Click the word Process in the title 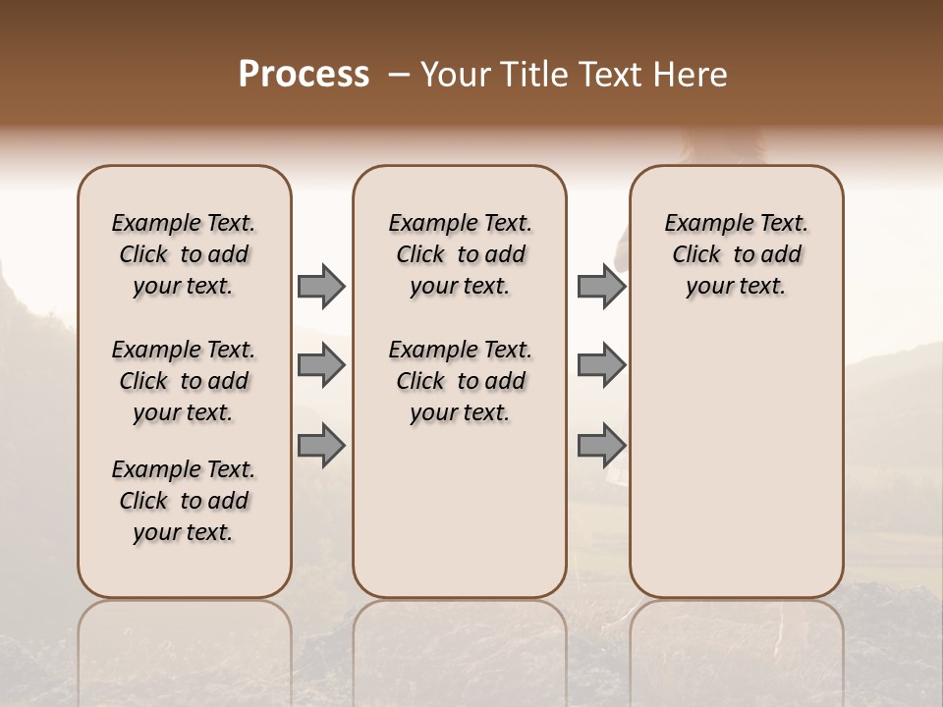(x=304, y=75)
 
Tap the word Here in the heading (x=693, y=75)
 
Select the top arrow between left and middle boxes (x=321, y=287)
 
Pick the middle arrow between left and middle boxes (x=321, y=365)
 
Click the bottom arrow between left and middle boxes (x=321, y=445)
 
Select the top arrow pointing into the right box (x=601, y=287)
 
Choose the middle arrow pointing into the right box (x=601, y=365)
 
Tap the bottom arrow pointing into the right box (x=601, y=445)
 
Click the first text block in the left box (x=184, y=254)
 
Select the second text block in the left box (x=184, y=381)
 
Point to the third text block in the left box (x=184, y=501)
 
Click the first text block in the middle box (x=460, y=254)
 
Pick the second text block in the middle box (x=460, y=381)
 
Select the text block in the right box (x=736, y=254)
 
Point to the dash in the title (x=399, y=75)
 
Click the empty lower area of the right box (x=736, y=471)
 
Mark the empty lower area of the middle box (x=460, y=511)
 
